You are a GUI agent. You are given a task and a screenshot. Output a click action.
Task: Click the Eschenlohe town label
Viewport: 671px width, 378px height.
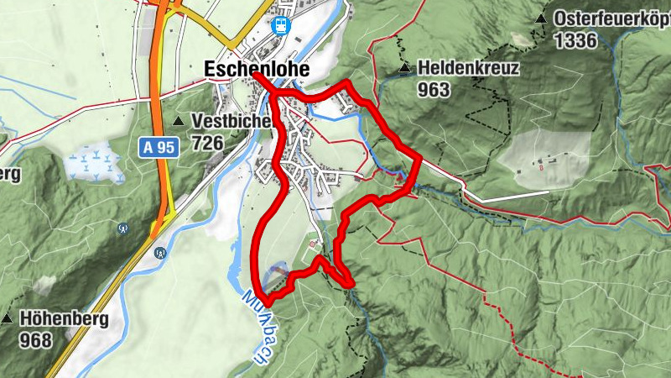click(256, 70)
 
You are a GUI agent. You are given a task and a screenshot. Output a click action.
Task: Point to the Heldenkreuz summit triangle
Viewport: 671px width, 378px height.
click(405, 68)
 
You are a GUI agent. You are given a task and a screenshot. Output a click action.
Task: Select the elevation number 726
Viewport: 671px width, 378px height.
click(207, 143)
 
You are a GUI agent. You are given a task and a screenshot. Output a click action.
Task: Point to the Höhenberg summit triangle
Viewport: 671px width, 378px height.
click(7, 319)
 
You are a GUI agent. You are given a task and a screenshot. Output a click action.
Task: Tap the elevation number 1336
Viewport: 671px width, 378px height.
click(575, 39)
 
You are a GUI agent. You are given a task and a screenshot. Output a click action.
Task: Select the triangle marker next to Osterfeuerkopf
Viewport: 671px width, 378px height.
click(541, 18)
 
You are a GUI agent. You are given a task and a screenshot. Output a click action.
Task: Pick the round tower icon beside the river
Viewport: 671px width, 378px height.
click(159, 251)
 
